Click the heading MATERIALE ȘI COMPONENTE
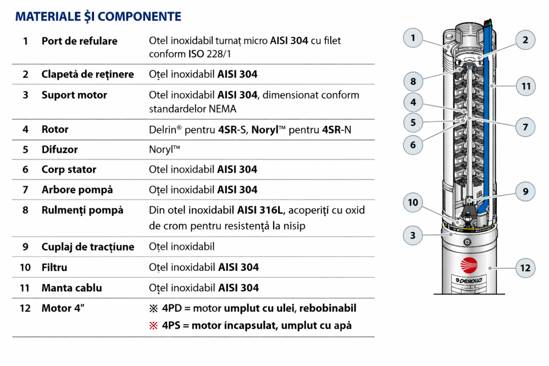click(x=98, y=16)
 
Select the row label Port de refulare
click(x=79, y=41)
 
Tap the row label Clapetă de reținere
click(x=87, y=74)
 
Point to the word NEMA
click(x=223, y=109)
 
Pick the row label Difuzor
click(x=59, y=149)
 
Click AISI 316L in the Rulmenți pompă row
click(x=261, y=210)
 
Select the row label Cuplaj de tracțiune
click(x=87, y=247)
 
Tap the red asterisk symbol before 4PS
click(x=154, y=325)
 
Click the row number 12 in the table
click(x=25, y=308)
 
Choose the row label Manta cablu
click(x=71, y=288)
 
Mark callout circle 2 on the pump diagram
click(x=525, y=40)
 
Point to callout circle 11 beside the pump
click(x=526, y=86)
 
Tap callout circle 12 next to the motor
click(x=525, y=268)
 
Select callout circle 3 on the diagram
click(x=413, y=236)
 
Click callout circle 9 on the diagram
click(x=525, y=191)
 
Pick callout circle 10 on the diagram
click(x=413, y=203)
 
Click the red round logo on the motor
click(x=468, y=265)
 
